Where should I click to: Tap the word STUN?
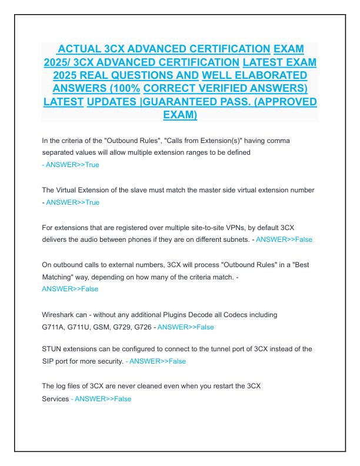[52, 348]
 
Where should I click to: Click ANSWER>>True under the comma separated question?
[72, 165]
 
